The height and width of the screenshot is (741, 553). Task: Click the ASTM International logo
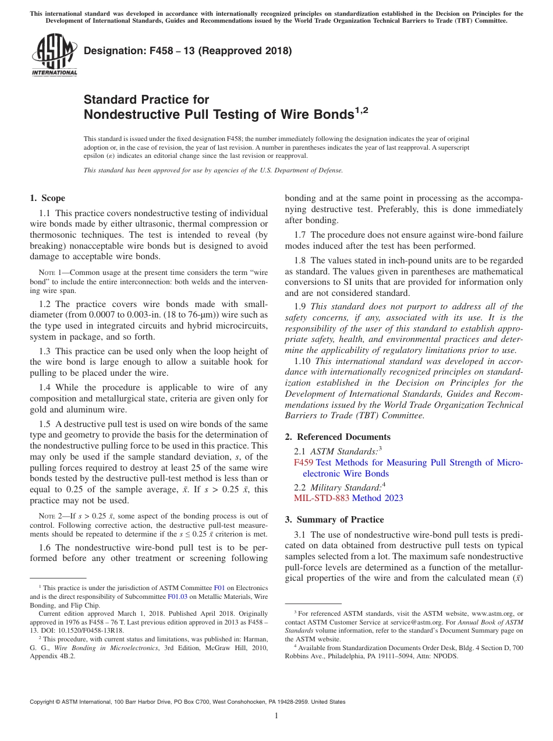click(x=54, y=55)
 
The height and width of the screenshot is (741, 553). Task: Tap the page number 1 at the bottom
click(x=276, y=716)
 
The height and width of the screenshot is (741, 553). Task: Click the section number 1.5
click(x=45, y=424)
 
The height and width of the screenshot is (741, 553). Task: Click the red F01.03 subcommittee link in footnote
click(x=177, y=597)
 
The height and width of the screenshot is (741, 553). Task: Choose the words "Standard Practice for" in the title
click(x=146, y=100)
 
